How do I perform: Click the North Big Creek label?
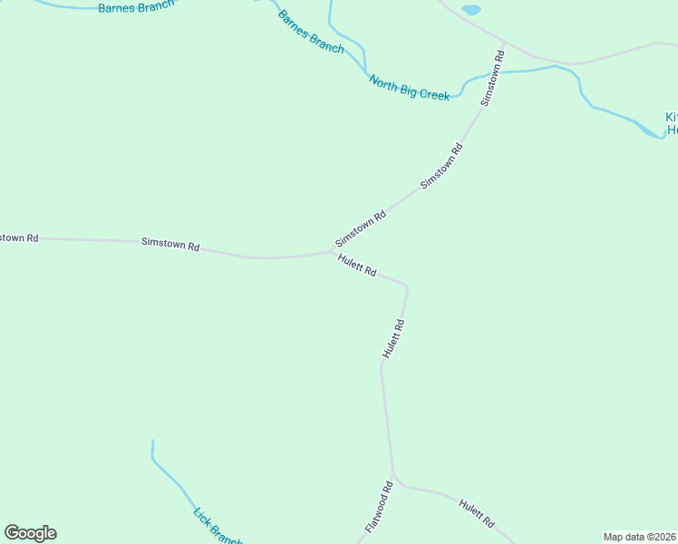(409, 88)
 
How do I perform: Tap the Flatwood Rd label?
(379, 507)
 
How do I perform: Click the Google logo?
(30, 533)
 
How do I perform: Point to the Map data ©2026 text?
(640, 537)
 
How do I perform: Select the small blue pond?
(471, 10)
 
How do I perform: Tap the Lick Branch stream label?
(216, 526)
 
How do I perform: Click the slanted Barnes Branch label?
(311, 32)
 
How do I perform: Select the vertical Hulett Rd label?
(392, 338)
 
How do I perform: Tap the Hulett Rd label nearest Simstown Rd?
(356, 266)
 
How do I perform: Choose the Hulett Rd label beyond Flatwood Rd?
(476, 513)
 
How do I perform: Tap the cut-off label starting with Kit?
(672, 123)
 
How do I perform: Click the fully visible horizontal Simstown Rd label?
(170, 244)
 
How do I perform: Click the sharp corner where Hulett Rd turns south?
(406, 287)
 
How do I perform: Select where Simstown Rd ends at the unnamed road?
(504, 43)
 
